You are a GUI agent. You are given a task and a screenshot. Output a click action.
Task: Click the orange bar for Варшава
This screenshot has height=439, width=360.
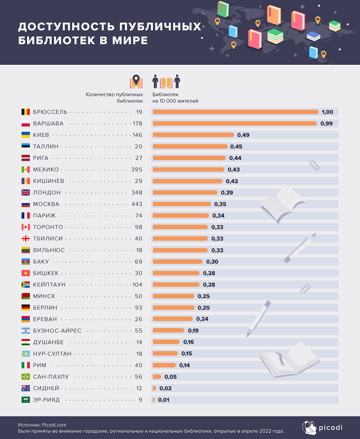(x=234, y=123)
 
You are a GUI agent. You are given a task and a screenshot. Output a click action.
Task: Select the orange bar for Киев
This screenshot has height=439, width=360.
(x=193, y=135)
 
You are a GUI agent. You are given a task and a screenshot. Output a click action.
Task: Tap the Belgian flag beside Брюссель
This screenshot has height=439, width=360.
(x=25, y=112)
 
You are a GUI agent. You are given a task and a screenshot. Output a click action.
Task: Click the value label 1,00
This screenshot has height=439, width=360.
(x=327, y=112)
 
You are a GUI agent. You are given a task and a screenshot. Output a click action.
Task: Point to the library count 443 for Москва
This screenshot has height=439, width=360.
(x=136, y=204)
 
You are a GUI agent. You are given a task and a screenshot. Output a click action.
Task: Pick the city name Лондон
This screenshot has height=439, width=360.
(x=46, y=192)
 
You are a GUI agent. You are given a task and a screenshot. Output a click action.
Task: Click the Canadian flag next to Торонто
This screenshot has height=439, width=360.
(x=25, y=227)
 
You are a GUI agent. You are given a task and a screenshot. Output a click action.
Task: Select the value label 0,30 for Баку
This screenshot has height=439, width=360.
(x=212, y=262)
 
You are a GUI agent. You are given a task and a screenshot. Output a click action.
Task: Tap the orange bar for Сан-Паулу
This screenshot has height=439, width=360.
(x=157, y=377)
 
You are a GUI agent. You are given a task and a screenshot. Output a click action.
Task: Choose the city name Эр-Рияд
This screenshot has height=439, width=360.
(x=49, y=400)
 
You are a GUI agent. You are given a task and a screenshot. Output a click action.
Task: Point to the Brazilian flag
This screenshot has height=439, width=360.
(x=25, y=377)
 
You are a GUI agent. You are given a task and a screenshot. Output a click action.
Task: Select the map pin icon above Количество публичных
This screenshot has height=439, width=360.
(x=136, y=82)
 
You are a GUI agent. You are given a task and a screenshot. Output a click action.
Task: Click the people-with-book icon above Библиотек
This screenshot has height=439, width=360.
(x=166, y=82)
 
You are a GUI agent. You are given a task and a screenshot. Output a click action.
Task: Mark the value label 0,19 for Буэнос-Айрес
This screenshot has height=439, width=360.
(x=193, y=330)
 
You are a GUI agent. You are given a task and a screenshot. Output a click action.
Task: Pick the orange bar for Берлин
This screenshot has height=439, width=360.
(x=173, y=308)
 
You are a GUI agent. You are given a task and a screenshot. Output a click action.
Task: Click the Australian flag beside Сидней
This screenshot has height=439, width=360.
(x=25, y=388)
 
